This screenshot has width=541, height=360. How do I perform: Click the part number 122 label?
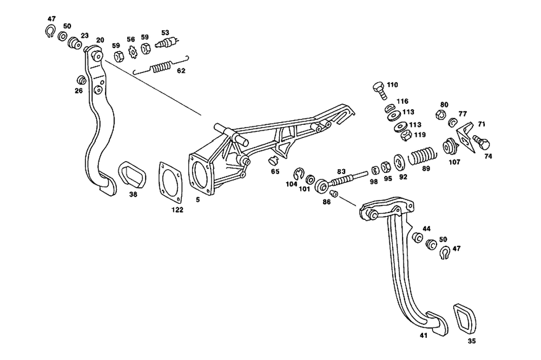tap(177, 210)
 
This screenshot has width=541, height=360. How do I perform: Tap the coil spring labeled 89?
tap(421, 156)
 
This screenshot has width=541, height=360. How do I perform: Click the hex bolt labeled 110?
tap(380, 90)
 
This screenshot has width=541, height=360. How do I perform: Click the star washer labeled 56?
tap(133, 52)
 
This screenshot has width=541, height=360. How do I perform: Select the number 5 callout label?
tap(197, 199)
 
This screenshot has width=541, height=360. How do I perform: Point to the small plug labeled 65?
tap(274, 161)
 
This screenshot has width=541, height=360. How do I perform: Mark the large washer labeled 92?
tap(399, 162)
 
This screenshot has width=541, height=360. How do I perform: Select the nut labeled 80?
tap(440, 114)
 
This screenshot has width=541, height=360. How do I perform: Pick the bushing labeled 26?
tap(82, 80)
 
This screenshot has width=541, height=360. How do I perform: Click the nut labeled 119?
tap(406, 135)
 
